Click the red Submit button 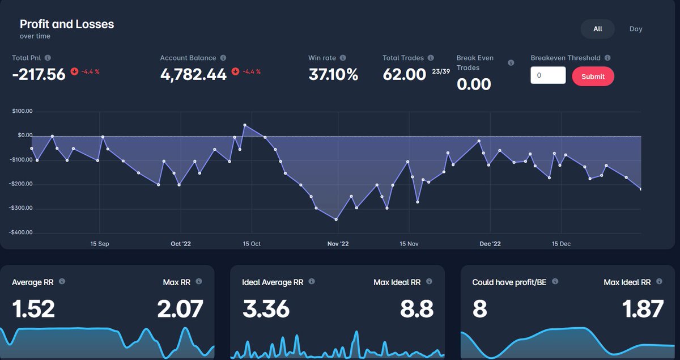coord(593,77)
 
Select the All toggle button coord(597,29)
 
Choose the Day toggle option coord(636,29)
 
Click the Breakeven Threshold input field coord(548,75)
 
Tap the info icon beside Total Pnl coord(48,58)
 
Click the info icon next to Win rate coord(343,58)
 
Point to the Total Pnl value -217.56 coord(39,74)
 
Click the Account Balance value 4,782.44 coord(193,74)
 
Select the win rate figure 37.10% coord(333,74)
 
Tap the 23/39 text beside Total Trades coord(441,71)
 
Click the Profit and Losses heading coord(67,24)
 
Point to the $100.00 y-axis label coord(22,111)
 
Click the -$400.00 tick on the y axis coord(20,232)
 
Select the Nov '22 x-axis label coord(338,244)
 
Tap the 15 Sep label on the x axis coord(100,244)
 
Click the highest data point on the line coord(245,125)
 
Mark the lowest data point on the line coord(336,219)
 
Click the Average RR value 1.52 coord(33,308)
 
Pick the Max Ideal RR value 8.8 coord(416,308)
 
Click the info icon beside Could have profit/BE coord(555,281)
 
